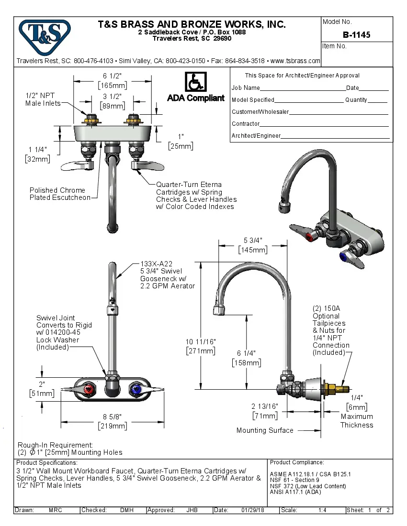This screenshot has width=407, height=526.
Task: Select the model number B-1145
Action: point(356,35)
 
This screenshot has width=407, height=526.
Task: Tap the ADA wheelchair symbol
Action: point(195,82)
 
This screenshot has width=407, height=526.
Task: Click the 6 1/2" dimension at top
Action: point(112,76)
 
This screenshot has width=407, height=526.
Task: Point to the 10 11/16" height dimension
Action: point(201,341)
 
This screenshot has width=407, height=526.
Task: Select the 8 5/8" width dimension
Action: point(112,416)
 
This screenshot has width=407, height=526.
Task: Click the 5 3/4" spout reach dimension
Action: point(253,240)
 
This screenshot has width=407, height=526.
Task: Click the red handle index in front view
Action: point(89,390)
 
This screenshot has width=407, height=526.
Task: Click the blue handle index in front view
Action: point(136,390)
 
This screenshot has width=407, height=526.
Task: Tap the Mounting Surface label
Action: point(265,430)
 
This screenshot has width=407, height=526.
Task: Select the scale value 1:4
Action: point(322,510)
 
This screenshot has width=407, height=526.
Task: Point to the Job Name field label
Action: point(246,88)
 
